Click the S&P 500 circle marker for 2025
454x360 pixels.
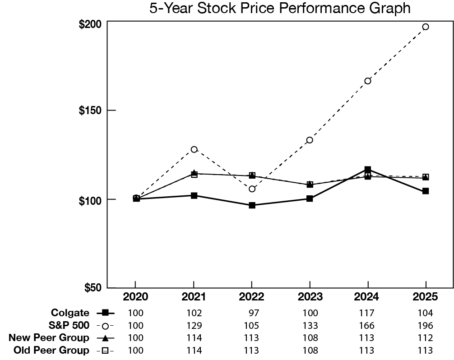426,27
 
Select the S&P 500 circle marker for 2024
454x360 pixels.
368,81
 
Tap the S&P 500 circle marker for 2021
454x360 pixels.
194,149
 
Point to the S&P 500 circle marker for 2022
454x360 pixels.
252,189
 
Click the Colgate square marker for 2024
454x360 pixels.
368,170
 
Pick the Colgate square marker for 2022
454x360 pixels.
252,205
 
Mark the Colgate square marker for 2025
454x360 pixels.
426,191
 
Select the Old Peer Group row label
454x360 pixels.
51,350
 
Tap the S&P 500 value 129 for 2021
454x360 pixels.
194,325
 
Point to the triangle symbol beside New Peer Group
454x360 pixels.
106,338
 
